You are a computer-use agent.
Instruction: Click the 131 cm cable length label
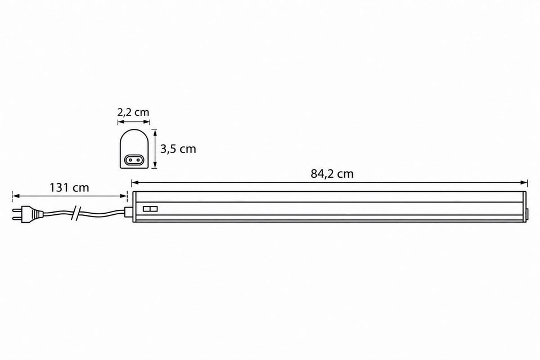point(69,188)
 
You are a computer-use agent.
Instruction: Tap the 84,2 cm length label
point(332,174)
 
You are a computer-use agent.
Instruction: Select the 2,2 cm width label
point(133,112)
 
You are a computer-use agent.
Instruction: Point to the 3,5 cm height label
point(178,149)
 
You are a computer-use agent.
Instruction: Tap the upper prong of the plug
point(16,209)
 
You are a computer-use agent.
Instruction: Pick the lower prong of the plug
point(16,218)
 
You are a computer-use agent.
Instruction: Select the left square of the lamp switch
point(146,209)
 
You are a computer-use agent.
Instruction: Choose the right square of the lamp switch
point(154,209)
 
